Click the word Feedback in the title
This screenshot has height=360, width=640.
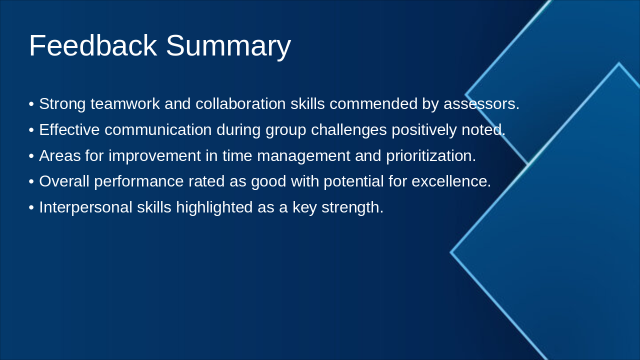(93, 45)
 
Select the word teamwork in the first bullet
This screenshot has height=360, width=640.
(125, 103)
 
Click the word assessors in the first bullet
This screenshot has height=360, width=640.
(481, 104)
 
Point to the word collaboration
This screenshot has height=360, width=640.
(240, 103)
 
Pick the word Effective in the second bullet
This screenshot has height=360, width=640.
(69, 129)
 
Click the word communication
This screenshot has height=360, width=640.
(158, 129)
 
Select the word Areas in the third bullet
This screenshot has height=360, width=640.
(60, 155)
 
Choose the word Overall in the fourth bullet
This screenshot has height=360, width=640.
(64, 181)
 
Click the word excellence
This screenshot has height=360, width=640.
(451, 181)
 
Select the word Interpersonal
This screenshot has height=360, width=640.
(85, 208)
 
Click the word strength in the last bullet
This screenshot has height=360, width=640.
(352, 208)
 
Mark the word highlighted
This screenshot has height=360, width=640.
(214, 208)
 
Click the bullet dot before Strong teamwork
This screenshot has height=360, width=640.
(31, 104)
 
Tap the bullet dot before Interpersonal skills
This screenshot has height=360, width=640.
(31, 207)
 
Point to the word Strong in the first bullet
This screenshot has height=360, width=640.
(62, 104)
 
